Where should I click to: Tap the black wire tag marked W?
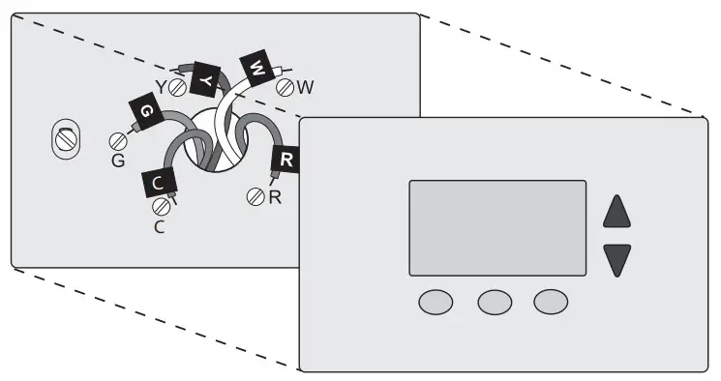tap(256, 68)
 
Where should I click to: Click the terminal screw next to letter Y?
tap(178, 87)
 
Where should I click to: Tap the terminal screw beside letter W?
tap(285, 87)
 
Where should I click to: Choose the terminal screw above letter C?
tap(161, 206)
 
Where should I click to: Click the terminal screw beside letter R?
tap(256, 196)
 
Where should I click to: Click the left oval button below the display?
tap(436, 302)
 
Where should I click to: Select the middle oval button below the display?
tap(495, 302)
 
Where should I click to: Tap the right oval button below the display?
tap(552, 302)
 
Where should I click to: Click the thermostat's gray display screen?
tap(497, 228)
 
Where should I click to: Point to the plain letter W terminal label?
tap(306, 87)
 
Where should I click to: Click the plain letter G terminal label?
tap(118, 161)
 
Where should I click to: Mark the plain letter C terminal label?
tap(161, 227)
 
